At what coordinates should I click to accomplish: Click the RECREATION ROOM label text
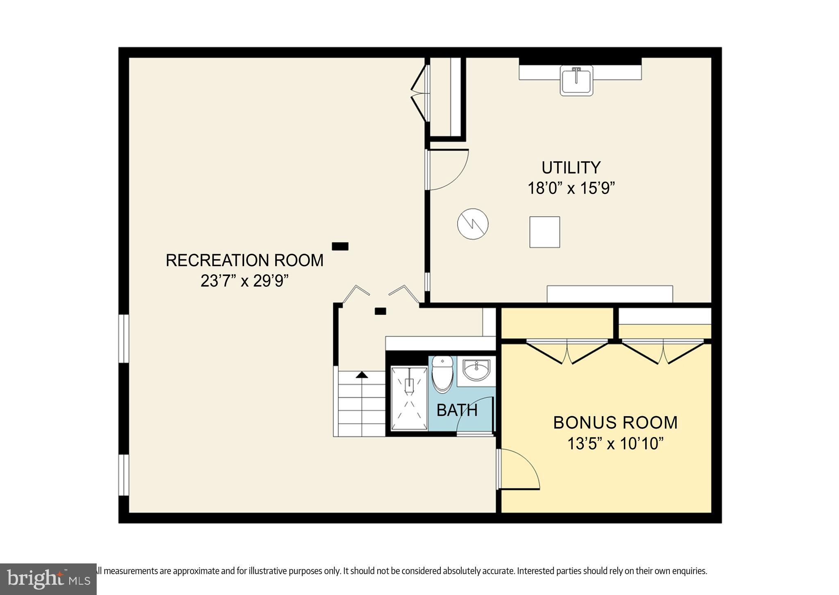pos(244,260)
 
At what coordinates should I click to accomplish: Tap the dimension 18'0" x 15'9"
pos(571,188)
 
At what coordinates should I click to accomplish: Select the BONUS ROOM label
pos(615,423)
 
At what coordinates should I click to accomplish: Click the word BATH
pos(457,410)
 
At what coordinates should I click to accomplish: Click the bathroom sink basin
pos(476,370)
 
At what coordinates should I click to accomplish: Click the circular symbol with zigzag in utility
pos(473,224)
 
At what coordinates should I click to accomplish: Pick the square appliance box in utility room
pos(544,232)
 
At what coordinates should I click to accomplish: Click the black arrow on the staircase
pos(361,375)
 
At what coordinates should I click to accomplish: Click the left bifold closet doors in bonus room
pos(567,352)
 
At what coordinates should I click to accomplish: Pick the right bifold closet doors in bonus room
pos(663,352)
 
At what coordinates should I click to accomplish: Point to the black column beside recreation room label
pos(340,246)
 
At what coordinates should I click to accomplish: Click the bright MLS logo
pos(48,579)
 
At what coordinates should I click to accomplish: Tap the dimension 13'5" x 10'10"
pos(615,443)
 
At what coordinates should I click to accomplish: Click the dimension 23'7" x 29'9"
pos(244,281)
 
